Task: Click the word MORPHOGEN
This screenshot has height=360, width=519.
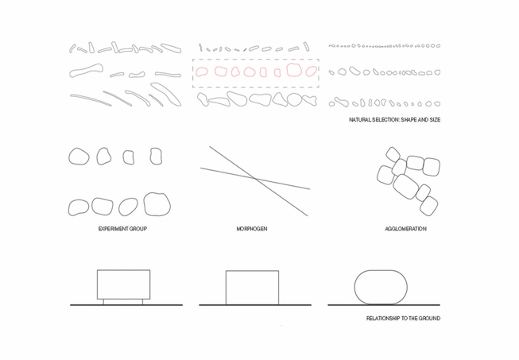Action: pyautogui.click(x=252, y=229)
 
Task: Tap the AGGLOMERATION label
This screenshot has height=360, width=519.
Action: pyautogui.click(x=405, y=229)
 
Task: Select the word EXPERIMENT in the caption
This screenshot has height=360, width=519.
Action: pyautogui.click(x=113, y=229)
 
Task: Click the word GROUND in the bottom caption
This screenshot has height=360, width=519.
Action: pyautogui.click(x=429, y=319)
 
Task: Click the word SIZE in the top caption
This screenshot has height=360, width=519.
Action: pyautogui.click(x=435, y=120)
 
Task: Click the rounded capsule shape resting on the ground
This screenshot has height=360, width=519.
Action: pyautogui.click(x=381, y=287)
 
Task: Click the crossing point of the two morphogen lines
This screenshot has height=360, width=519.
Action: pyautogui.click(x=256, y=179)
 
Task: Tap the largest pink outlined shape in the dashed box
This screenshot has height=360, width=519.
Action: pyautogui.click(x=294, y=70)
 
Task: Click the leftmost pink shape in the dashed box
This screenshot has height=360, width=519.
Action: pyautogui.click(x=201, y=72)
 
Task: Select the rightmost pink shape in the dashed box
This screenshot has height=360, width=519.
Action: pyautogui.click(x=311, y=72)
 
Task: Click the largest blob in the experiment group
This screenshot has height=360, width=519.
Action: pyautogui.click(x=157, y=204)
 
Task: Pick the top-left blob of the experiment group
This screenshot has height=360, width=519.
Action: pyautogui.click(x=79, y=157)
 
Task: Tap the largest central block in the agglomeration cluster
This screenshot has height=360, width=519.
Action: pyautogui.click(x=405, y=186)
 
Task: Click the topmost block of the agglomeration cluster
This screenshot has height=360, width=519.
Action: pyautogui.click(x=393, y=154)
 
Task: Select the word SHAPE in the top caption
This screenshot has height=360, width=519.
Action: pyautogui.click(x=409, y=120)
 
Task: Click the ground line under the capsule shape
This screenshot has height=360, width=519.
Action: pyautogui.click(x=384, y=304)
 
